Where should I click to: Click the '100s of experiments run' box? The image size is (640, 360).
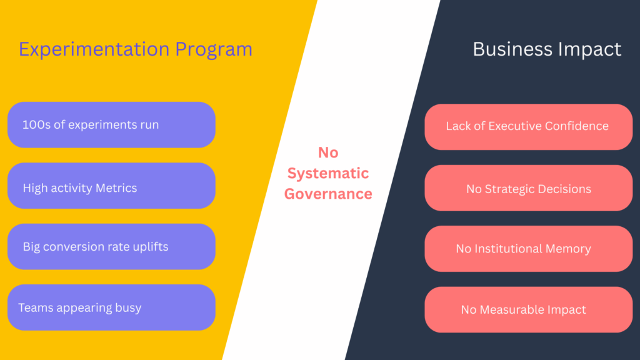pyautogui.click(x=111, y=125)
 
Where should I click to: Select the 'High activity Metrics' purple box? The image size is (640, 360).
pyautogui.click(x=111, y=186)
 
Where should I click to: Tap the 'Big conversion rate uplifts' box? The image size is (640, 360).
pyautogui.click(x=111, y=247)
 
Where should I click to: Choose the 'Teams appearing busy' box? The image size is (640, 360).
pyautogui.click(x=111, y=307)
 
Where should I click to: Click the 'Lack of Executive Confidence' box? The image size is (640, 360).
pyautogui.click(x=528, y=127)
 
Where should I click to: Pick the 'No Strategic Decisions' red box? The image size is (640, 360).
pyautogui.click(x=528, y=188)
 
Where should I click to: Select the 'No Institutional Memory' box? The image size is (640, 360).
pyautogui.click(x=528, y=249)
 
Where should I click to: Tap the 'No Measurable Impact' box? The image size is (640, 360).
pyautogui.click(x=528, y=309)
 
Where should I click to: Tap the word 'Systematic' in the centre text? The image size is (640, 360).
pyautogui.click(x=328, y=173)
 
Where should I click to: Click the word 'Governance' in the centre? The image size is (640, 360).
pyautogui.click(x=328, y=194)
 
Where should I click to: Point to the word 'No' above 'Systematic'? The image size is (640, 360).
pyautogui.click(x=328, y=152)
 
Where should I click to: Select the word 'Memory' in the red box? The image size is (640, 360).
pyautogui.click(x=568, y=249)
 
